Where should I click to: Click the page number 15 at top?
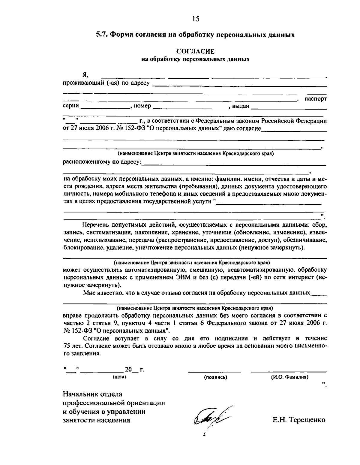click(196, 19)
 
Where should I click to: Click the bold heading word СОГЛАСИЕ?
click(195, 52)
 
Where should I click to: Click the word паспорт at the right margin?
click(316, 98)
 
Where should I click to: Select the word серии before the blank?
click(71, 106)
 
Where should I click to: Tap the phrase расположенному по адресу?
click(102, 162)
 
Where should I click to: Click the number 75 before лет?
click(67, 346)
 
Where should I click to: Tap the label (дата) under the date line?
click(119, 377)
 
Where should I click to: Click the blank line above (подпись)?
click(214, 372)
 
